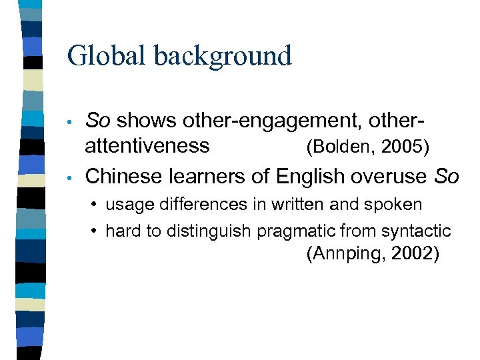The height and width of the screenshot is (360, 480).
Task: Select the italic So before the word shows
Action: coord(98,121)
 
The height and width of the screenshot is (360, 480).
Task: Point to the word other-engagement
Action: coord(251,121)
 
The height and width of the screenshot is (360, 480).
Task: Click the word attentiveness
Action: coord(147,145)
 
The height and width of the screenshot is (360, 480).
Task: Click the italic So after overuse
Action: coord(447,176)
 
